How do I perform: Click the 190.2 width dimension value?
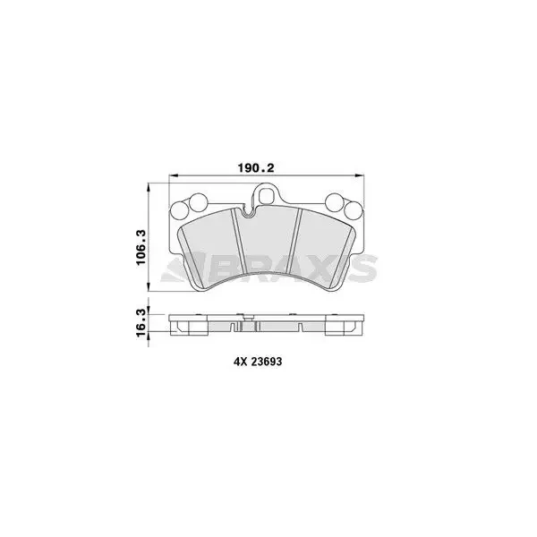[256, 168]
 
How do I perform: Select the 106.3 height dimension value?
[141, 247]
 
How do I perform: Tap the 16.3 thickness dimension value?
[141, 322]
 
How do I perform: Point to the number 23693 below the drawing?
[267, 362]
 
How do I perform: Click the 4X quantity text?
[240, 362]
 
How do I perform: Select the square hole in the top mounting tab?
[267, 195]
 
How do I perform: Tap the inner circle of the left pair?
[198, 202]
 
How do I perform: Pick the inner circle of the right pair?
[335, 202]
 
